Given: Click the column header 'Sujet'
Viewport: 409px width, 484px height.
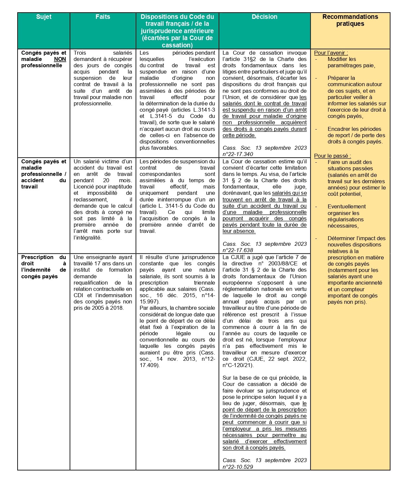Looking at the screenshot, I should pyautogui.click(x=43, y=17).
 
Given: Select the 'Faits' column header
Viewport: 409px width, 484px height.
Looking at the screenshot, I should pyautogui.click(x=102, y=17).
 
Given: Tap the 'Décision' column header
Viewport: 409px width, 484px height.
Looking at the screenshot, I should pyautogui.click(x=264, y=17).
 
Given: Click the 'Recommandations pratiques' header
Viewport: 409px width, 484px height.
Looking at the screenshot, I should pyautogui.click(x=350, y=20).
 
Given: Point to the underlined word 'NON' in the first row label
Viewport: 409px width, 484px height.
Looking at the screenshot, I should pyautogui.click(x=60, y=59).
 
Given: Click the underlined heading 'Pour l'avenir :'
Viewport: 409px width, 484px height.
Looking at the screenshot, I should pyautogui.click(x=331, y=53).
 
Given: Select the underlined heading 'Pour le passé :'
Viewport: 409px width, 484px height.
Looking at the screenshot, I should pyautogui.click(x=332, y=156).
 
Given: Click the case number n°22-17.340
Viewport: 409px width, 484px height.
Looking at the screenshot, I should pyautogui.click(x=238, y=154).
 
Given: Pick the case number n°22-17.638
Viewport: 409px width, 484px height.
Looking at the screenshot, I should pyautogui.click(x=238, y=250).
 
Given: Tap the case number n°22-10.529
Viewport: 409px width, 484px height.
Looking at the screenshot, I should pyautogui.click(x=238, y=467).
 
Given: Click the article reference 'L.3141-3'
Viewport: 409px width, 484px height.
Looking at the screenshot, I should pyautogui.click(x=204, y=110).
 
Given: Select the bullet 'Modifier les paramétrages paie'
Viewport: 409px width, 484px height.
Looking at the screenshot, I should pyautogui.click(x=351, y=62).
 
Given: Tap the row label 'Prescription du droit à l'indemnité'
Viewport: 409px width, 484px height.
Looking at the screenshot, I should pyautogui.click(x=43, y=267).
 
